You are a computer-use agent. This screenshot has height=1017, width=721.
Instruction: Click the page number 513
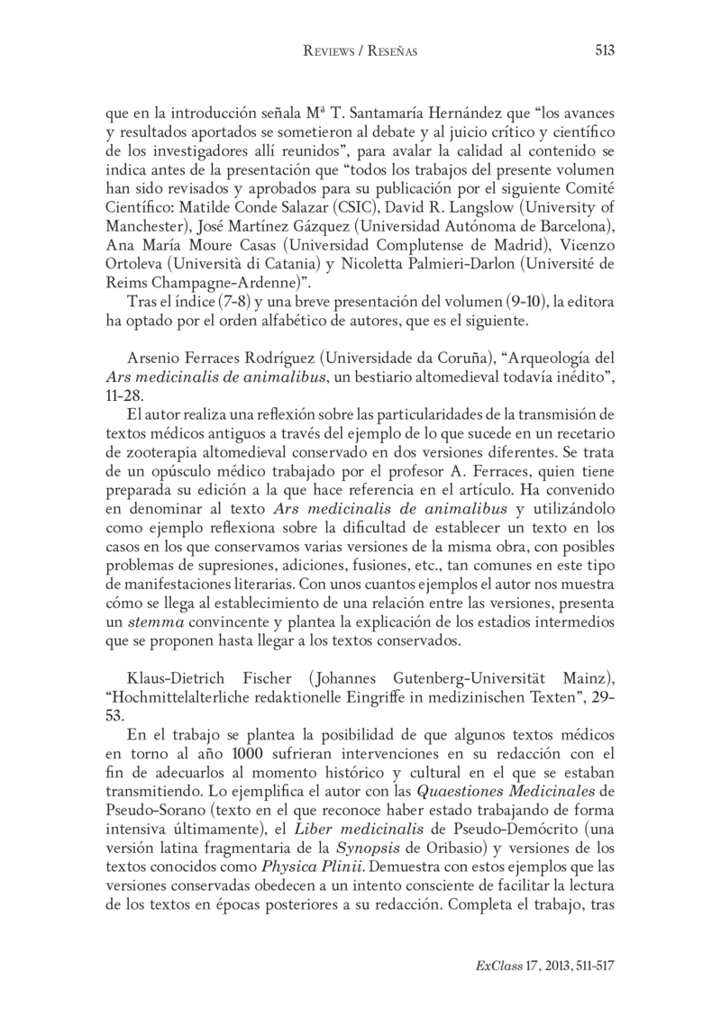pos(604,51)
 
